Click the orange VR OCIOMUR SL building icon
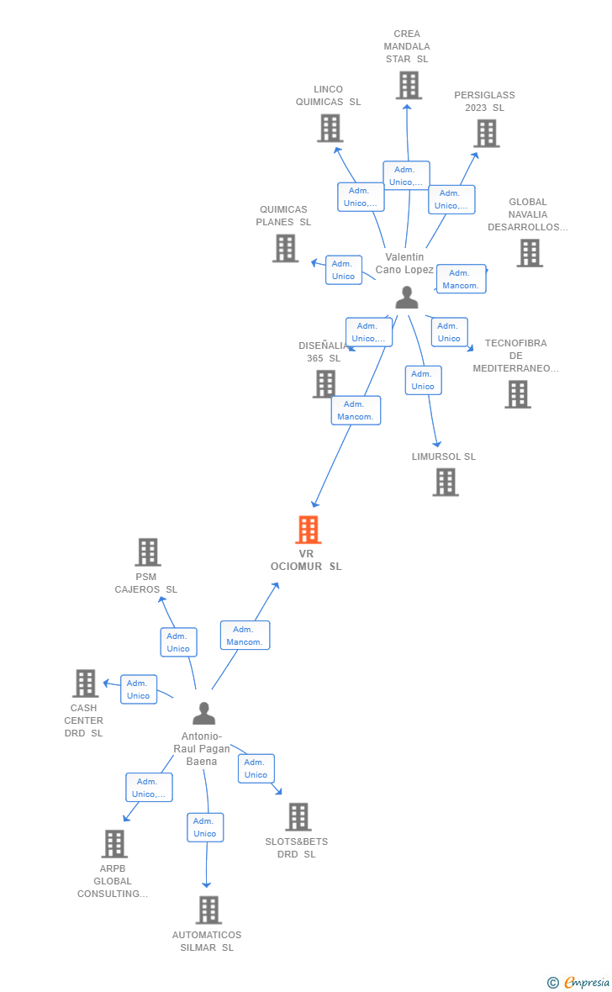click(x=309, y=530)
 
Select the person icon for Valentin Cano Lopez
click(x=407, y=298)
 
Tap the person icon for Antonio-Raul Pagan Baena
click(x=203, y=714)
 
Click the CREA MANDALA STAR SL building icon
click(x=408, y=85)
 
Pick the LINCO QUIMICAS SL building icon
click(x=330, y=128)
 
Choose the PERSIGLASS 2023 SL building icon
click(x=486, y=133)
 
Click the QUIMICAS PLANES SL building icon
click(x=286, y=248)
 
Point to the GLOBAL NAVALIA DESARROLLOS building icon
click(x=529, y=252)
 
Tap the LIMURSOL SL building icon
click(x=446, y=482)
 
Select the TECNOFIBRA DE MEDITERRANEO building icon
click(x=517, y=393)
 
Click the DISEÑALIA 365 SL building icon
click(x=324, y=383)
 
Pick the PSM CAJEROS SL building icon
click(x=148, y=552)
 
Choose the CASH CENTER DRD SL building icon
click(x=85, y=683)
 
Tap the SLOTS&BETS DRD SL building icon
click(x=298, y=816)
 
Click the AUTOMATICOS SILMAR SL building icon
click(x=208, y=910)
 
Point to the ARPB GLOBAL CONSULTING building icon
click(x=114, y=843)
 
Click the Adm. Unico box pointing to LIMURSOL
click(x=423, y=380)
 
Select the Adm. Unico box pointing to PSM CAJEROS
click(x=178, y=642)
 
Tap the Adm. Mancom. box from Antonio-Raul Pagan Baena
click(x=245, y=636)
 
